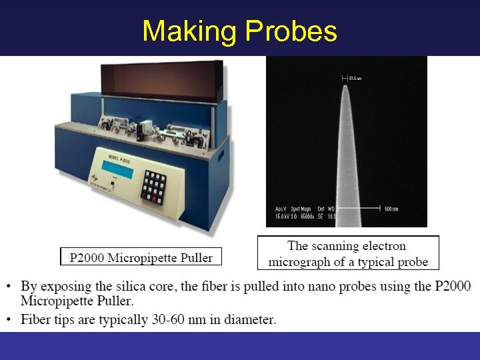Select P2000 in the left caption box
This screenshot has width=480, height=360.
click(84, 257)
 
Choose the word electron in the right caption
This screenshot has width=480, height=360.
click(382, 247)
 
